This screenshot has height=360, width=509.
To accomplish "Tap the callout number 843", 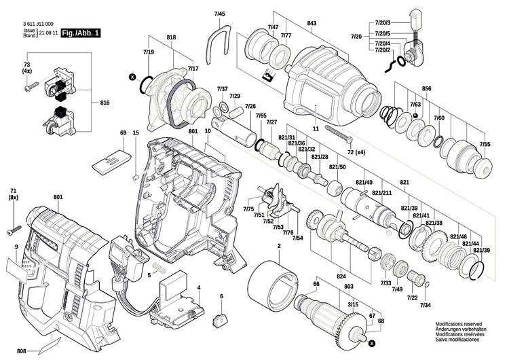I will [x=312, y=24].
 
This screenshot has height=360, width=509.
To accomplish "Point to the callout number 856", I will [x=426, y=89].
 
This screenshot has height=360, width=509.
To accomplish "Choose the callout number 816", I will [x=105, y=102].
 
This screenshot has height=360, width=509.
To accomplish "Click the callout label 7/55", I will [x=485, y=145].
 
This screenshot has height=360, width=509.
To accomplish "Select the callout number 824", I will [x=341, y=277].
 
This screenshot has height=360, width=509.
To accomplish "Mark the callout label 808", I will [x=22, y=351].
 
